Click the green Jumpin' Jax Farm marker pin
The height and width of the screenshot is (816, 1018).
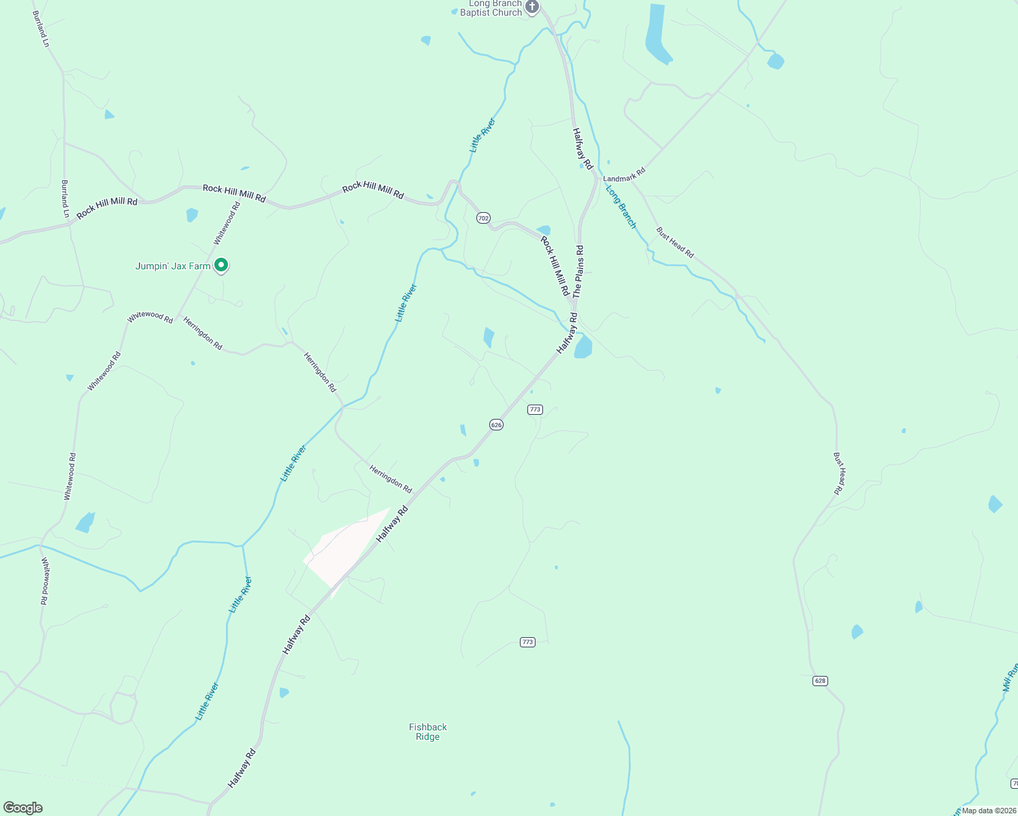(x=220, y=265)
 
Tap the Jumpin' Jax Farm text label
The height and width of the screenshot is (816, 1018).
(x=173, y=266)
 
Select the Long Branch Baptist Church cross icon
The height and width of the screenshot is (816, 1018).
(x=532, y=7)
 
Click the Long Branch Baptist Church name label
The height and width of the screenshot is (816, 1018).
(x=491, y=8)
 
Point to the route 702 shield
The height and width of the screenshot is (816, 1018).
(x=483, y=218)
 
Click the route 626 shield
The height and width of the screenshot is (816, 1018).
(x=496, y=424)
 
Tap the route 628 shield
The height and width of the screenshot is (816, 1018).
(x=820, y=681)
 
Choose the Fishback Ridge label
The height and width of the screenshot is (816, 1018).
(x=428, y=732)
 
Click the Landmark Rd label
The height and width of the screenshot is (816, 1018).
(x=624, y=175)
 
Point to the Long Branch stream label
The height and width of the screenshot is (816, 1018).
(x=621, y=207)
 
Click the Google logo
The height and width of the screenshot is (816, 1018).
(x=23, y=808)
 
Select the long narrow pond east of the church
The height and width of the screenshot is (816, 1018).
(x=657, y=34)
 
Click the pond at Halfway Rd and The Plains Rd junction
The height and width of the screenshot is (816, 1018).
(x=583, y=347)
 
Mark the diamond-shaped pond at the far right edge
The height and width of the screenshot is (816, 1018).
(x=995, y=504)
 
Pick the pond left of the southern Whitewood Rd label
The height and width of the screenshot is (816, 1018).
(x=86, y=522)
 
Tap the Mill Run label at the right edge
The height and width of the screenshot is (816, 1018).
(x=1010, y=677)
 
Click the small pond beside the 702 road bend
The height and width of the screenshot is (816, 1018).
(x=543, y=230)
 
